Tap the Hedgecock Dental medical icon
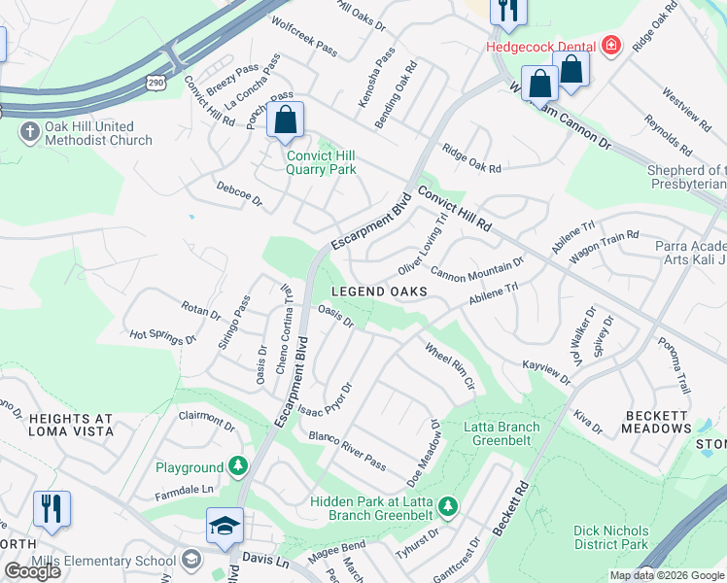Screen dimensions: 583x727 point(610,45)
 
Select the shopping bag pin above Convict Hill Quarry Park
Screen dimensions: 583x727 point(285,122)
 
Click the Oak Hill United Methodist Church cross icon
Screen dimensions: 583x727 point(29,131)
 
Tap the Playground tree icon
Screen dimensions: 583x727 point(237,467)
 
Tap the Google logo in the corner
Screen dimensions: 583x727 point(33,571)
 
